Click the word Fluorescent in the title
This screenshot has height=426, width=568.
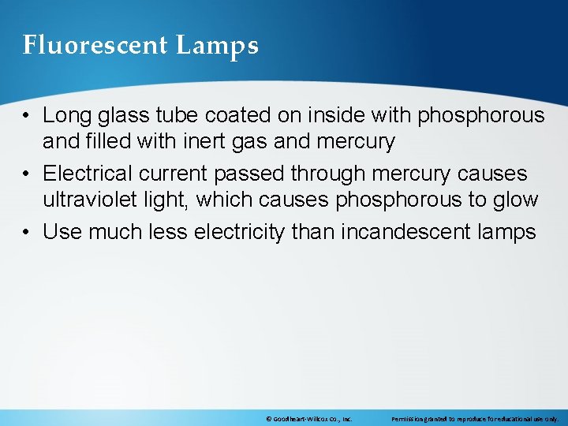click(x=95, y=46)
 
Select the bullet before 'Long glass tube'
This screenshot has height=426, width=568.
click(x=28, y=116)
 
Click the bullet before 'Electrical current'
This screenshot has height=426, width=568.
click(x=28, y=174)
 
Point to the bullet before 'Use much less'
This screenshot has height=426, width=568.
click(x=28, y=232)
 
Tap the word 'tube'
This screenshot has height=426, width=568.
click(x=171, y=116)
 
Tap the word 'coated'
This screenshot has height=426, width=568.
click(x=234, y=116)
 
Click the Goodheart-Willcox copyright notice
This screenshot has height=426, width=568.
click(x=309, y=418)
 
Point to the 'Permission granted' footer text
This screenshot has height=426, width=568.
click(x=474, y=418)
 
